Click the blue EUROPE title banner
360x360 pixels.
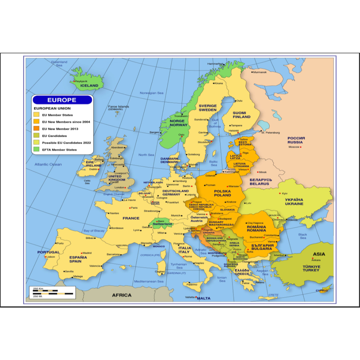click(x=62, y=100)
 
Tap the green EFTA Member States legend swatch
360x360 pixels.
click(x=36, y=150)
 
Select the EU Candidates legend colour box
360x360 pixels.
click(x=36, y=136)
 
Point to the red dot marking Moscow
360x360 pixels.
click(x=301, y=147)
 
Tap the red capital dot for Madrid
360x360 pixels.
click(x=82, y=253)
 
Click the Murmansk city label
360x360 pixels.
click(x=260, y=72)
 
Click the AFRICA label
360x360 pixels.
click(x=122, y=295)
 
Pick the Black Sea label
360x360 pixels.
click(x=303, y=236)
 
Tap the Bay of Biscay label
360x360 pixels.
click(x=94, y=231)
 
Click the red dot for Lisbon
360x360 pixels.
click(x=45, y=257)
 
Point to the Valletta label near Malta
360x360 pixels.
click(x=190, y=297)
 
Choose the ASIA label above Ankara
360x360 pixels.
click(x=319, y=254)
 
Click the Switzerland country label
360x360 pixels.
click(x=162, y=224)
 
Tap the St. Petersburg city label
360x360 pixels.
click(x=271, y=133)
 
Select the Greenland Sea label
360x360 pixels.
click(x=59, y=64)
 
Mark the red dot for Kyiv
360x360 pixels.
click(x=280, y=193)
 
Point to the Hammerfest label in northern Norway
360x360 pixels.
click(x=215, y=64)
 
